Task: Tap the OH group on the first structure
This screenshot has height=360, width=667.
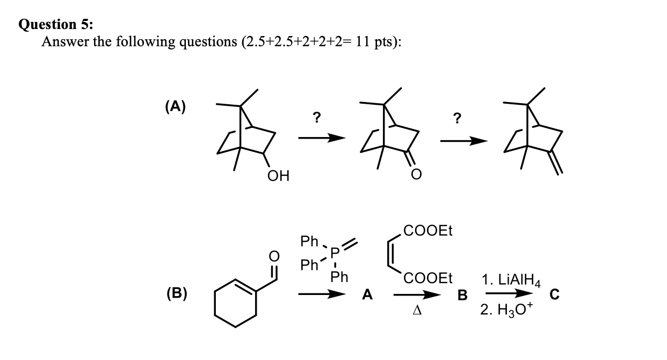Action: pos(278,175)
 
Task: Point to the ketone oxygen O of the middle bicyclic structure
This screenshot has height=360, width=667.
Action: pos(417,175)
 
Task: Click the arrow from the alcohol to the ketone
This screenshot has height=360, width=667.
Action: pos(321,139)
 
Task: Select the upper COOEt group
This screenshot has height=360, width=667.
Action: pos(427,231)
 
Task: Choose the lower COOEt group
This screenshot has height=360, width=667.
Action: pos(427,278)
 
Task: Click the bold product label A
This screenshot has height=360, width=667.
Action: pos(367,294)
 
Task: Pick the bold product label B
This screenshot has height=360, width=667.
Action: pos(462,294)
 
